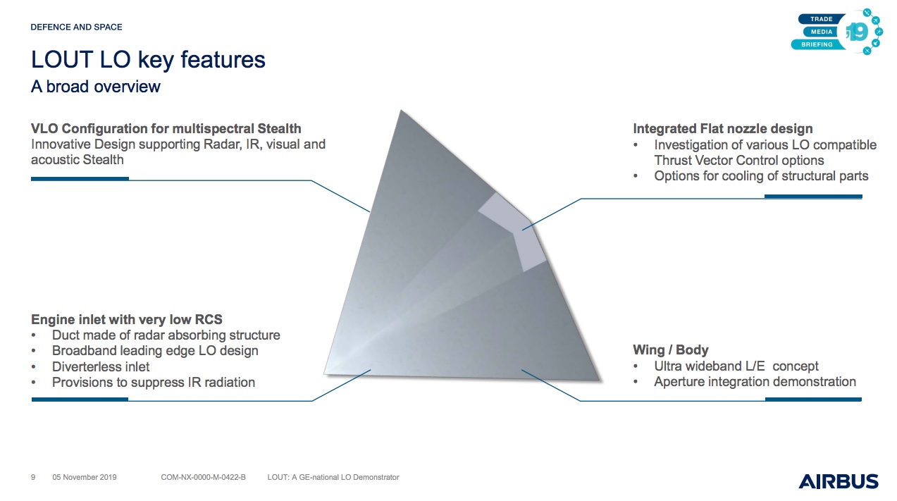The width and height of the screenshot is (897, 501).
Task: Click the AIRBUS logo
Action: tap(838, 481)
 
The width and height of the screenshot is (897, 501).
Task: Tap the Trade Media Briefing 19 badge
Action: tap(837, 31)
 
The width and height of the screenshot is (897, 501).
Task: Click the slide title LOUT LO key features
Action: tap(148, 60)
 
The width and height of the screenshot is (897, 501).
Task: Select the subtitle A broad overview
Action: tap(96, 87)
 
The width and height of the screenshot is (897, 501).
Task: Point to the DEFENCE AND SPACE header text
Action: tap(77, 27)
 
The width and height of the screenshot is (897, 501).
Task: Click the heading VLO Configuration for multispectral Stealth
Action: tap(166, 128)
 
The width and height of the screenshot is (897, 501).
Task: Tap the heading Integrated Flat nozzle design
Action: tap(723, 128)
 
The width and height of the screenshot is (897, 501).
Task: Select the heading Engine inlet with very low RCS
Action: tap(127, 320)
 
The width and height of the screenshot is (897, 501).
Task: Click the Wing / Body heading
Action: tap(671, 350)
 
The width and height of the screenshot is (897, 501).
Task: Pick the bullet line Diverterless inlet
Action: tap(101, 366)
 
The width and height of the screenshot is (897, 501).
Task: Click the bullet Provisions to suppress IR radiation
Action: tap(154, 383)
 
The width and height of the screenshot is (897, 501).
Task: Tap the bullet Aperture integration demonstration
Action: tap(755, 382)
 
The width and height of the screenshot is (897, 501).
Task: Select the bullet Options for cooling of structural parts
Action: tap(761, 176)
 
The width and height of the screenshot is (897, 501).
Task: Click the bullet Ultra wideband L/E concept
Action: tap(736, 366)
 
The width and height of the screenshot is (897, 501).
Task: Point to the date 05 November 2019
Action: tap(85, 477)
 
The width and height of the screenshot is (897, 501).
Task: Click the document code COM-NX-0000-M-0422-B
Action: tap(204, 477)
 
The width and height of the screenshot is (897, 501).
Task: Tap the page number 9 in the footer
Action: tap(33, 477)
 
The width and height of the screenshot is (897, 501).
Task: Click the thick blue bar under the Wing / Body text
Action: tap(813, 400)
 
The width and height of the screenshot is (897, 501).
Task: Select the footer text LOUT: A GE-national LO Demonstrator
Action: tap(333, 477)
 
